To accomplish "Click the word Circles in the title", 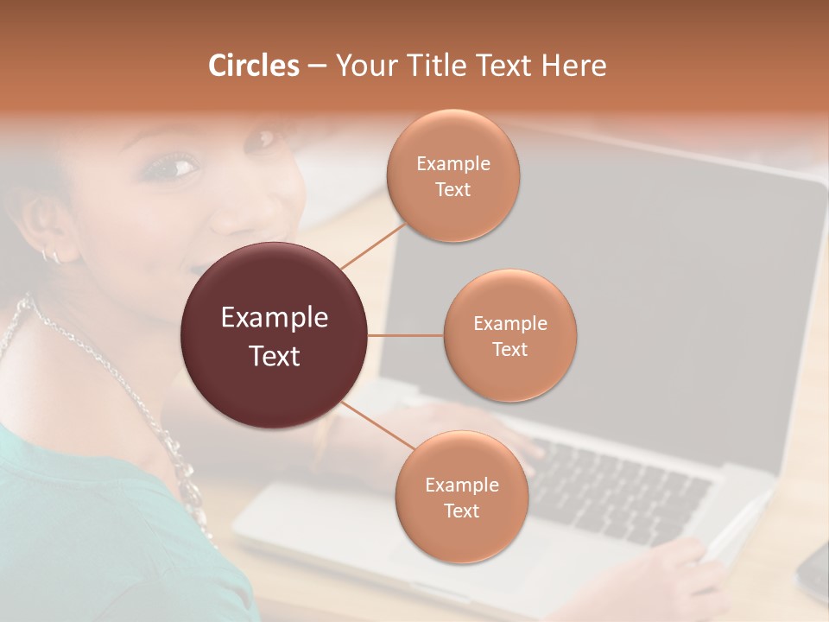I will [x=253, y=66].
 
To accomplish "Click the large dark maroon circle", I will [x=274, y=335].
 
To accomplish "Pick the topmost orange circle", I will [x=452, y=175].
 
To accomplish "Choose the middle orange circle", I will [x=509, y=335].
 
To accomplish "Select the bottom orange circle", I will [x=461, y=497].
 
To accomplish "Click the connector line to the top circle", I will [x=373, y=246].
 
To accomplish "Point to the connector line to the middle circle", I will [x=406, y=335].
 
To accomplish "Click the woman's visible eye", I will [x=172, y=166].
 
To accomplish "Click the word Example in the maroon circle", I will [x=275, y=318].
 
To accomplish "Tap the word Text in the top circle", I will [x=452, y=190].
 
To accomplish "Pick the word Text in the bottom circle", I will [x=461, y=511].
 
